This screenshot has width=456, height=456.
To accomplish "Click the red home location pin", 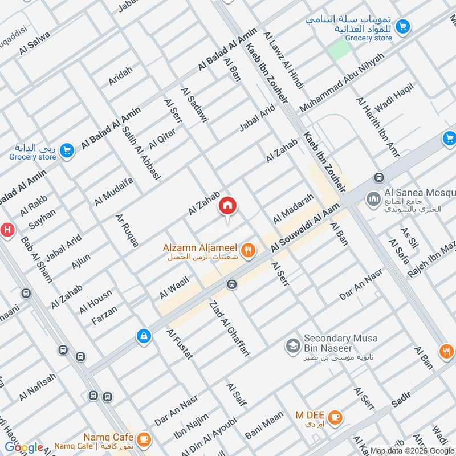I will (227, 206).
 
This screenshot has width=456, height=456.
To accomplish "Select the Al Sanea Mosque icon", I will (374, 199).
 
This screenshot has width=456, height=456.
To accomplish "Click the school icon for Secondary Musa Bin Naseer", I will (294, 345).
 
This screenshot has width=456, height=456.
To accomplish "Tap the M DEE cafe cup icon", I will (336, 416).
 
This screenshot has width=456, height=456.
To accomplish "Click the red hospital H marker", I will (7, 230).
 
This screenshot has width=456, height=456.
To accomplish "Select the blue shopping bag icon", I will (144, 336).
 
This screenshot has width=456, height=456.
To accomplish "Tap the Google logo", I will (24, 447).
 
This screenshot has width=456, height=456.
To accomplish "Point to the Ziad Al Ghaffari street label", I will (230, 328).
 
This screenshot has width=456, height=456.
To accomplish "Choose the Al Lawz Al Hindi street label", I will (283, 59).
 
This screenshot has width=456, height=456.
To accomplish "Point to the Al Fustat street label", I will (180, 344).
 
